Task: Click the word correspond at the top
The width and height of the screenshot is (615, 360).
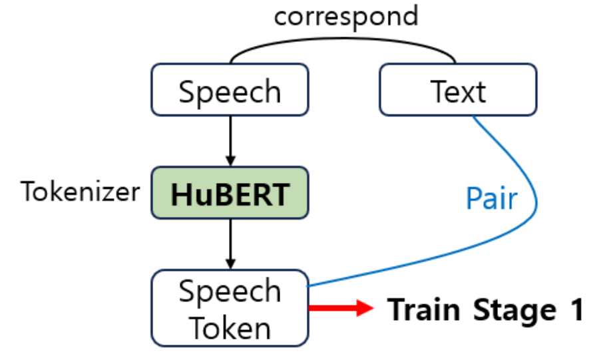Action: click(x=345, y=16)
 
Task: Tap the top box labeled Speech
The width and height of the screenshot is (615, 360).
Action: click(x=230, y=90)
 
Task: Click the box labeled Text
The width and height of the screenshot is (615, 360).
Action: click(x=458, y=90)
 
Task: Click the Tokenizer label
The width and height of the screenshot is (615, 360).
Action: click(x=81, y=192)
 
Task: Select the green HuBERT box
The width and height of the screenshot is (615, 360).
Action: click(x=230, y=193)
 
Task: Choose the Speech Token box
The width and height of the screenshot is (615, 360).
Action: click(x=230, y=308)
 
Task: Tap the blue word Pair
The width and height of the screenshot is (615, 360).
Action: click(x=491, y=199)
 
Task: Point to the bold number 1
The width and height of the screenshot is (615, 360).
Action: click(x=575, y=310)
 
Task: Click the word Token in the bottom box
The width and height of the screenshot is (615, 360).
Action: click(x=230, y=327)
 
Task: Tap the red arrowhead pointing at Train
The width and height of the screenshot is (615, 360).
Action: click(x=365, y=309)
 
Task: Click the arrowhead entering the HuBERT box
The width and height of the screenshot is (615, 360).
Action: click(x=230, y=160)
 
